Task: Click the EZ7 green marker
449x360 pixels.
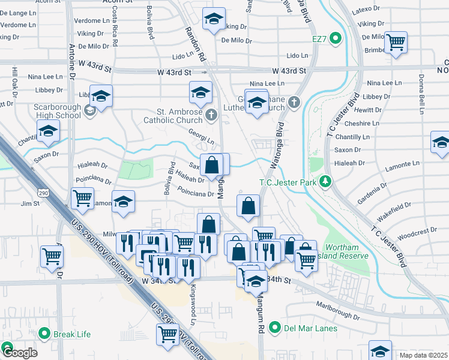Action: pos(336,40)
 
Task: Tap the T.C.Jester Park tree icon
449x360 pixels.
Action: pos(325,181)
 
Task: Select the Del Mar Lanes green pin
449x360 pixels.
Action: pos(275,328)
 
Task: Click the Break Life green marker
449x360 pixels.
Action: pos(43,334)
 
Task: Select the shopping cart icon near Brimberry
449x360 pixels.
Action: pos(396,43)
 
